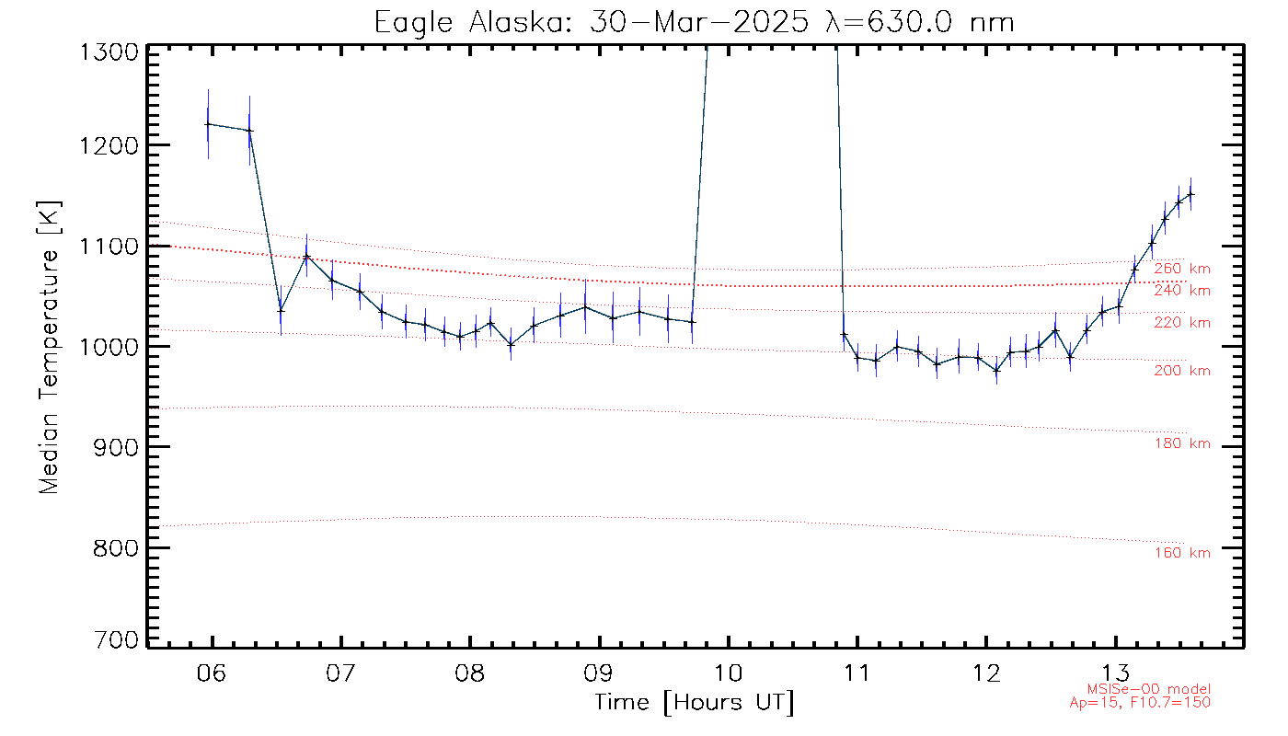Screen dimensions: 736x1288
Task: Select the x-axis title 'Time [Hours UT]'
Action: point(694,703)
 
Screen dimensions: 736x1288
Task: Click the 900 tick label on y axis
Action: point(112,447)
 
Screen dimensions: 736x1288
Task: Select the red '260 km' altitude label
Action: point(1182,269)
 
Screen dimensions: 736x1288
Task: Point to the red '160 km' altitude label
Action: point(1182,553)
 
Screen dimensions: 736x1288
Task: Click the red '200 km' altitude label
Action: point(1182,371)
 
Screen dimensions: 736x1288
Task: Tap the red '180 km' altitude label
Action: point(1182,444)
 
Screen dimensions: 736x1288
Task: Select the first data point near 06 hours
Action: point(208,124)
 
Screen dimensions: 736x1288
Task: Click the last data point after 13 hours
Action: point(1190,194)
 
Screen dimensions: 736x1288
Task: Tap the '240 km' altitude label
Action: point(1182,291)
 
